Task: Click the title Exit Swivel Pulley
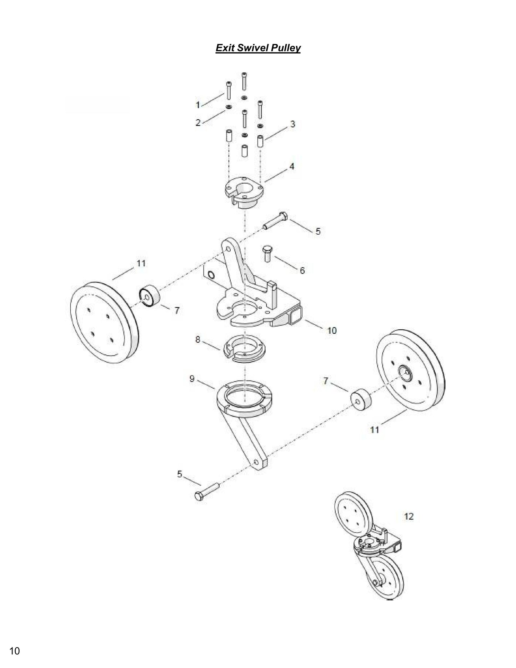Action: point(258,48)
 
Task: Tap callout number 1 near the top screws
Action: point(197,105)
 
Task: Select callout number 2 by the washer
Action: point(198,123)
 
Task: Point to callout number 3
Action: point(292,124)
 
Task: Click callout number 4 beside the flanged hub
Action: point(292,166)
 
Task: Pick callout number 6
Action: point(302,271)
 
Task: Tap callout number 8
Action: point(197,339)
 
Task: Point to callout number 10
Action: point(332,331)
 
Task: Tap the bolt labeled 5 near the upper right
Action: point(276,221)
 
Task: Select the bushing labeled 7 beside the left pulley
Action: point(149,296)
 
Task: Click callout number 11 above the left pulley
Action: point(141,263)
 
